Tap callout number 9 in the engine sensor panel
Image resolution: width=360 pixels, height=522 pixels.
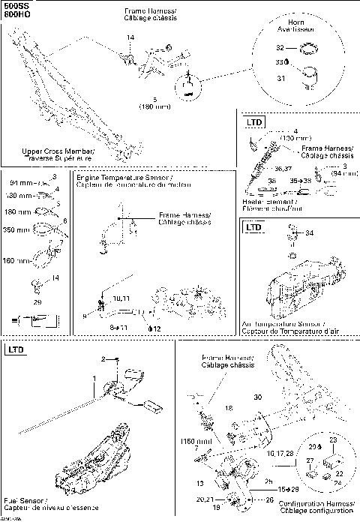tap(85, 316)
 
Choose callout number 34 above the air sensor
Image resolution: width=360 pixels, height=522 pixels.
tap(310, 233)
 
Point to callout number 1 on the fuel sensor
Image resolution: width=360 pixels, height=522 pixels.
tap(94, 377)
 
